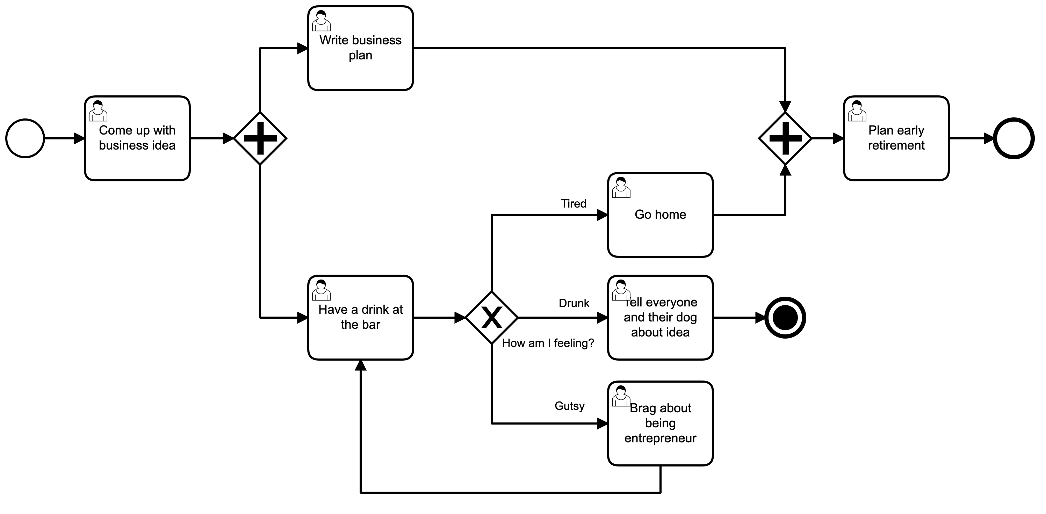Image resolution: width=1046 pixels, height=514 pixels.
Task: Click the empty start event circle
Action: point(25,138)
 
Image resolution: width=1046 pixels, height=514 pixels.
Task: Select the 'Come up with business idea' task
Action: point(137,138)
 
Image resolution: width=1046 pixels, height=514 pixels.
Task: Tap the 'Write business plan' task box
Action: point(361,48)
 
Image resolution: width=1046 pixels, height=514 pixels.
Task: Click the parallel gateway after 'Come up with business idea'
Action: point(260,138)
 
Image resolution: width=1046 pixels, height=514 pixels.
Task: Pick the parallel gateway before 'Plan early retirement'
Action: point(785,138)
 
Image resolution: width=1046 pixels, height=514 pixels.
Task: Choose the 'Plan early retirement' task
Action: point(896,138)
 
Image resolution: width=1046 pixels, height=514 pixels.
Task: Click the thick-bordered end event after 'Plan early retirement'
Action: point(1013,138)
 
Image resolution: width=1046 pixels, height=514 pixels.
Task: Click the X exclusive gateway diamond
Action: point(492,318)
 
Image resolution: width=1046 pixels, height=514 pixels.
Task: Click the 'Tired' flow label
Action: point(574,204)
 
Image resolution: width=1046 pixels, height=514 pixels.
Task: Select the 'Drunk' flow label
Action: point(574,303)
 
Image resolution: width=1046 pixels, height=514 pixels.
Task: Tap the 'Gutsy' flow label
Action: point(569,406)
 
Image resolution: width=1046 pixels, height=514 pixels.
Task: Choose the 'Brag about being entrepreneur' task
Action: point(660,423)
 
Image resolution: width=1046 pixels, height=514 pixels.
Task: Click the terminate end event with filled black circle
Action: point(785,318)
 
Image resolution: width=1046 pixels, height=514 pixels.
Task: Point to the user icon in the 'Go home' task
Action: point(621,188)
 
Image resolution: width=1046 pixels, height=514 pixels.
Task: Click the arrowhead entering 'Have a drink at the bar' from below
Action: point(361,365)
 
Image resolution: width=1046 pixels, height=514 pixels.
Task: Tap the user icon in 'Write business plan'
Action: point(321,21)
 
